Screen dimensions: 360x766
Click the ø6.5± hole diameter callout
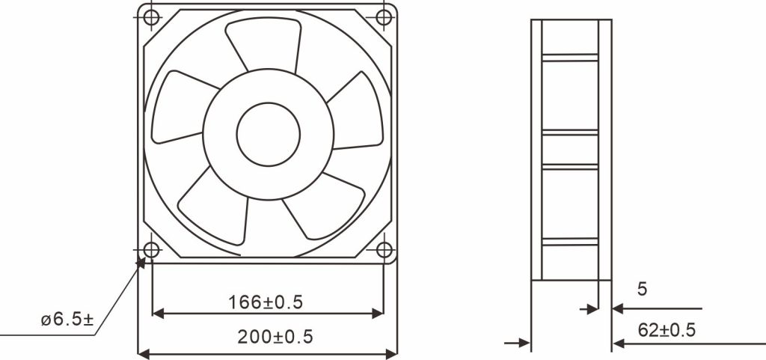[x=67, y=320]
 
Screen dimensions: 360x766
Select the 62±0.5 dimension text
[x=667, y=329]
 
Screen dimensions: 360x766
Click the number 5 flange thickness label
[x=641, y=288]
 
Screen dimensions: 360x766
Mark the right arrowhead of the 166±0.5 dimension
[x=378, y=312]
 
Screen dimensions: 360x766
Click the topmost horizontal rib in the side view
[x=570, y=57]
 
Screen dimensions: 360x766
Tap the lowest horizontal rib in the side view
[x=570, y=242]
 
